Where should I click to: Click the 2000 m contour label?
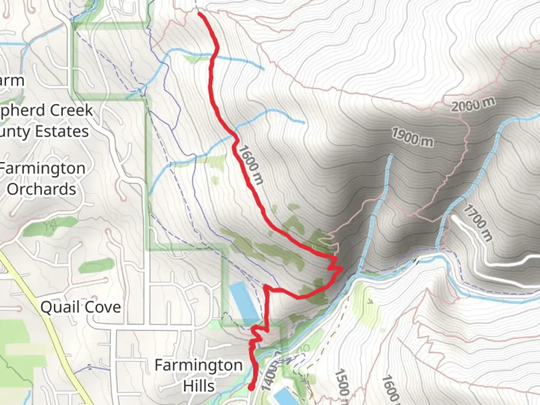click(472, 104)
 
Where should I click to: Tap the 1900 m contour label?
click(412, 137)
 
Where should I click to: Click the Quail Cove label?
click(81, 307)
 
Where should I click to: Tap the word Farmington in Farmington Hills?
click(198, 365)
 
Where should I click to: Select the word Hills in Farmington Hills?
click(199, 386)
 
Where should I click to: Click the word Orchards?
click(41, 189)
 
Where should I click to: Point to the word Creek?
click(71, 110)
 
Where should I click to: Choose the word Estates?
click(61, 132)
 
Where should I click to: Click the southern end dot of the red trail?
click(251, 387)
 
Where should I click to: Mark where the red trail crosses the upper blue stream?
click(214, 56)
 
